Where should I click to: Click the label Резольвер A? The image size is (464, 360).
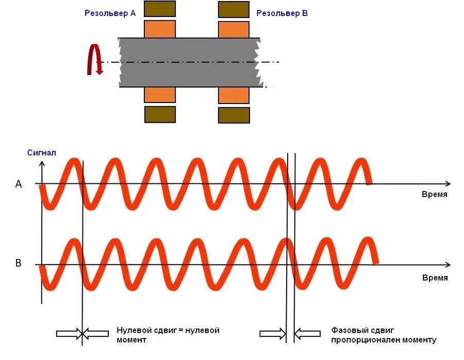(110, 14)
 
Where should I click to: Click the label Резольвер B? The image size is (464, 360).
(282, 14)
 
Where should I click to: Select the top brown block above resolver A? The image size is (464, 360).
(160, 9)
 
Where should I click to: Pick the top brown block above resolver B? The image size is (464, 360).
(234, 9)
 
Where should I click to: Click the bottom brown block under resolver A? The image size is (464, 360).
(160, 114)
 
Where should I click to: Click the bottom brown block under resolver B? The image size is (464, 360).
(234, 115)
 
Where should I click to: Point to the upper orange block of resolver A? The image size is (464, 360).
(160, 29)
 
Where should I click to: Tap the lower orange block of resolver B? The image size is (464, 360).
(234, 95)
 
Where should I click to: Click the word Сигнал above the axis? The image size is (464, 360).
(41, 153)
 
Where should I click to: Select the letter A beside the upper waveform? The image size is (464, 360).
(19, 184)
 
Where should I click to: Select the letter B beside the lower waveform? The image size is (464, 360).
(19, 264)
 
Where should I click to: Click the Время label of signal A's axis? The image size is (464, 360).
(435, 195)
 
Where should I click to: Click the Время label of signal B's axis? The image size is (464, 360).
(435, 278)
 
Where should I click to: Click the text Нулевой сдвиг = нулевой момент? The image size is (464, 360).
(168, 335)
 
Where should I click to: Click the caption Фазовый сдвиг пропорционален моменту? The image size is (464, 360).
(384, 335)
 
